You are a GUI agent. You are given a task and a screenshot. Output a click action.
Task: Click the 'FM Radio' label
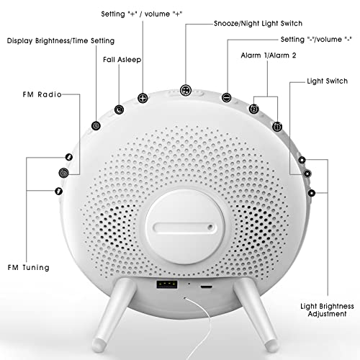(x=42, y=94)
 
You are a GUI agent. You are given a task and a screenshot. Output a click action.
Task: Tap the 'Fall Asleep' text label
(x=122, y=60)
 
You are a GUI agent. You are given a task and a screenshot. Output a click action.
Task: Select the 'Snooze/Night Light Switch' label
(x=258, y=23)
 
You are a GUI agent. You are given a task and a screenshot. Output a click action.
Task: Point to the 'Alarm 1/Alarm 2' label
(x=269, y=55)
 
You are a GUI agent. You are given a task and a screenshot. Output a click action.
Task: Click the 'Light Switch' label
(x=327, y=81)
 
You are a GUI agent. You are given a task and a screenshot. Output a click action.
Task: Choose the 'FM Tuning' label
(x=28, y=267)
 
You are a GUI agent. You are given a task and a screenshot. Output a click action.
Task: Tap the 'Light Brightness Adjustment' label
(x=327, y=310)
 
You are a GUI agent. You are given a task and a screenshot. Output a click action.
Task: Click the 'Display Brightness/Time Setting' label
(x=60, y=40)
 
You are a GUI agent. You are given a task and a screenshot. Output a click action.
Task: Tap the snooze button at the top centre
(x=186, y=90)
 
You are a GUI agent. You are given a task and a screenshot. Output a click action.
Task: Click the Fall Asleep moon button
(x=119, y=109)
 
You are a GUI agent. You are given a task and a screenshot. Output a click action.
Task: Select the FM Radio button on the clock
(x=64, y=173)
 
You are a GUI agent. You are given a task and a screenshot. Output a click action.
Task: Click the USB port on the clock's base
(x=167, y=284)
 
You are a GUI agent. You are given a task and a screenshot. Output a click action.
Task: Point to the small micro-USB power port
(x=207, y=287)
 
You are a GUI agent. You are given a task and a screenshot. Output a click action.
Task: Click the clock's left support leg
(x=114, y=315)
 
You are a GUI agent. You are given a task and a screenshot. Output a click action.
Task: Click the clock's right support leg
(x=255, y=314)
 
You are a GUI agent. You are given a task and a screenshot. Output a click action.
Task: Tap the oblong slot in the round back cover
(x=184, y=228)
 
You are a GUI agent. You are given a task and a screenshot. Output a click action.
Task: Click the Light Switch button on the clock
(x=307, y=174)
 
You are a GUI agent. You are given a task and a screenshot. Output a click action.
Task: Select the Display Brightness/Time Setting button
(x=96, y=125)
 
